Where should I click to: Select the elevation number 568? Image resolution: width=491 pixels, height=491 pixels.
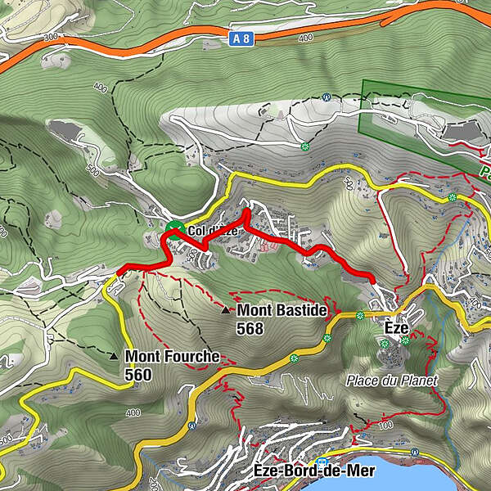point(250,328)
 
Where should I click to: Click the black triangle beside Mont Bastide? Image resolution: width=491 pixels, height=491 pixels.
point(226,310)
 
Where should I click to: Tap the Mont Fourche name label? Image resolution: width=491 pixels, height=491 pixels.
point(172,357)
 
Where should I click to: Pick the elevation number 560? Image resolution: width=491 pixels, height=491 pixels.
point(138,374)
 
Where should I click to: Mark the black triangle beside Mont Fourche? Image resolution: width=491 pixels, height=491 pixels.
point(114,357)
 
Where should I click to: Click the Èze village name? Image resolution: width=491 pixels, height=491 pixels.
point(396,327)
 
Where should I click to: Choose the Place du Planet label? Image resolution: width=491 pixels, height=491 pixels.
point(392,381)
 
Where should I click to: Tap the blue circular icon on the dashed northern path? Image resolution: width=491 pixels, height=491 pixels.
point(326,97)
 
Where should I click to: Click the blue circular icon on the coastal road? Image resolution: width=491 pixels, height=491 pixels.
point(192,426)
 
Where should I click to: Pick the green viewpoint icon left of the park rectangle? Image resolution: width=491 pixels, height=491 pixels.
point(305,147)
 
